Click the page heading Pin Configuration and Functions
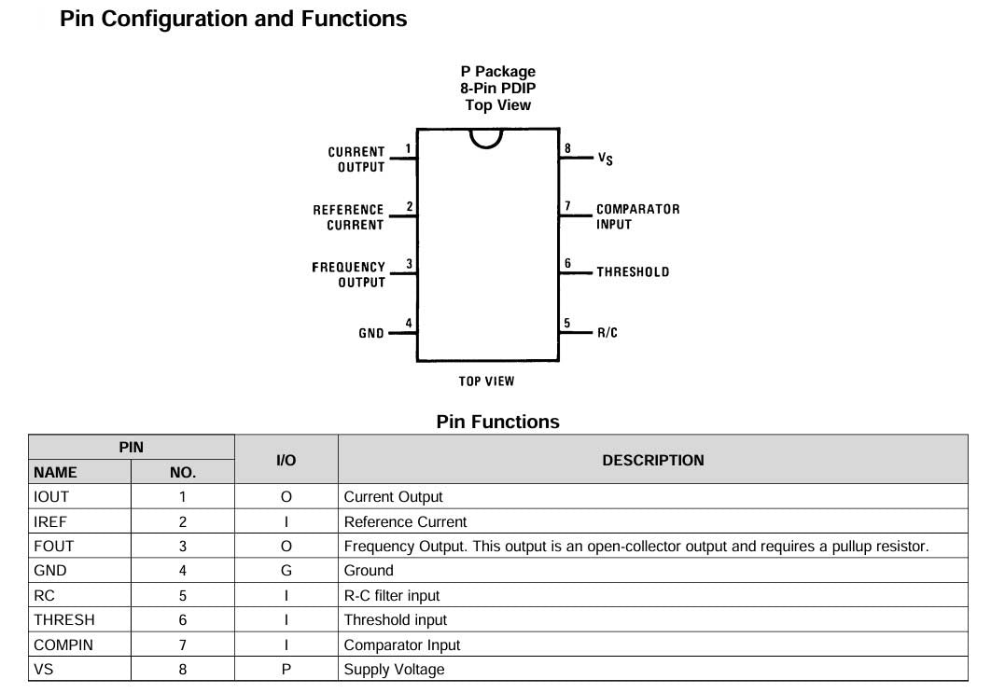pyautogui.click(x=233, y=19)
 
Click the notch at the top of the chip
pyautogui.click(x=486, y=138)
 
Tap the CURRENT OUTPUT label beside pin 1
pyautogui.click(x=356, y=159)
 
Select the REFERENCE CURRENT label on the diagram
pyautogui.click(x=348, y=217)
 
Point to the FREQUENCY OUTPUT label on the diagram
pyautogui.click(x=348, y=274)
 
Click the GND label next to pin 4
pyautogui.click(x=371, y=333)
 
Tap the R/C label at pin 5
pyautogui.click(x=607, y=333)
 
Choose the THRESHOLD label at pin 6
pyautogui.click(x=633, y=272)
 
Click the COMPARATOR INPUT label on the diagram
pyautogui.click(x=637, y=216)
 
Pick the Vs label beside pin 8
pyautogui.click(x=606, y=159)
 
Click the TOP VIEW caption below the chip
pyautogui.click(x=486, y=381)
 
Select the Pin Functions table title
pyautogui.click(x=497, y=422)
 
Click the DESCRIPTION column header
pyautogui.click(x=652, y=460)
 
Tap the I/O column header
pyautogui.click(x=286, y=460)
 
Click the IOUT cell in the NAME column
pyautogui.click(x=51, y=497)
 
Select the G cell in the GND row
pyautogui.click(x=286, y=571)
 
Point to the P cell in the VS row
pyautogui.click(x=286, y=669)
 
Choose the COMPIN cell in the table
pyautogui.click(x=63, y=644)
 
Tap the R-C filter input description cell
pyautogui.click(x=392, y=595)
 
